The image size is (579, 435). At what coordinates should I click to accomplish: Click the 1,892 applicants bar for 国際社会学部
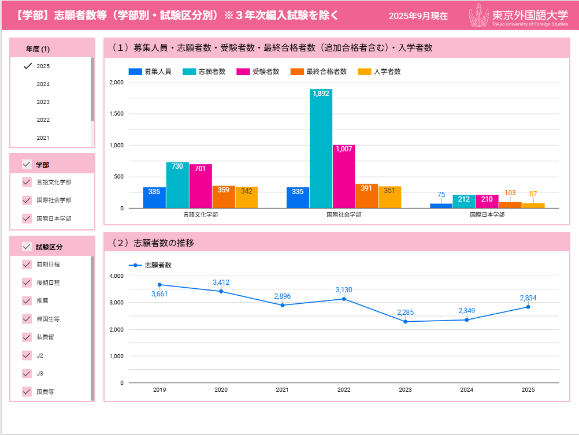[321, 148]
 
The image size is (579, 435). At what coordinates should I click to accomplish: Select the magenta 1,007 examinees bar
[344, 176]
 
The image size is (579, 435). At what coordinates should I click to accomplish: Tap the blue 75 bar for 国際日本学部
[441, 206]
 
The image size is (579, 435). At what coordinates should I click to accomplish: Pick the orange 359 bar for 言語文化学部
[224, 197]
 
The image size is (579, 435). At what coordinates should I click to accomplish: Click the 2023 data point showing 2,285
[405, 321]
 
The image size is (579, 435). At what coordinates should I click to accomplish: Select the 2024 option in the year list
[43, 84]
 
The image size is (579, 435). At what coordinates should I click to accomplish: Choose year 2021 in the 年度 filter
[43, 138]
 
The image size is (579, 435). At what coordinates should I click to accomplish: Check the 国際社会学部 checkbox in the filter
[27, 200]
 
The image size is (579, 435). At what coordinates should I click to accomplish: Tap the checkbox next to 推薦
[27, 301]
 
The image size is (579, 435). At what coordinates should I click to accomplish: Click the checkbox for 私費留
[27, 337]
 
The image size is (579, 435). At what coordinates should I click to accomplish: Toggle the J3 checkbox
[27, 373]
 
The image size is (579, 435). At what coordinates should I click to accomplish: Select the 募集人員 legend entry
[150, 72]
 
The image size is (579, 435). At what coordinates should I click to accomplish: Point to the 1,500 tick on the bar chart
[116, 114]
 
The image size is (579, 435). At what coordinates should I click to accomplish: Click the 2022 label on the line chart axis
[344, 390]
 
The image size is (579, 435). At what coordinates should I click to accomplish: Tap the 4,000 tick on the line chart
[116, 276]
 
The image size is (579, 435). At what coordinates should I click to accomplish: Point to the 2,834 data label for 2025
[528, 298]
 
